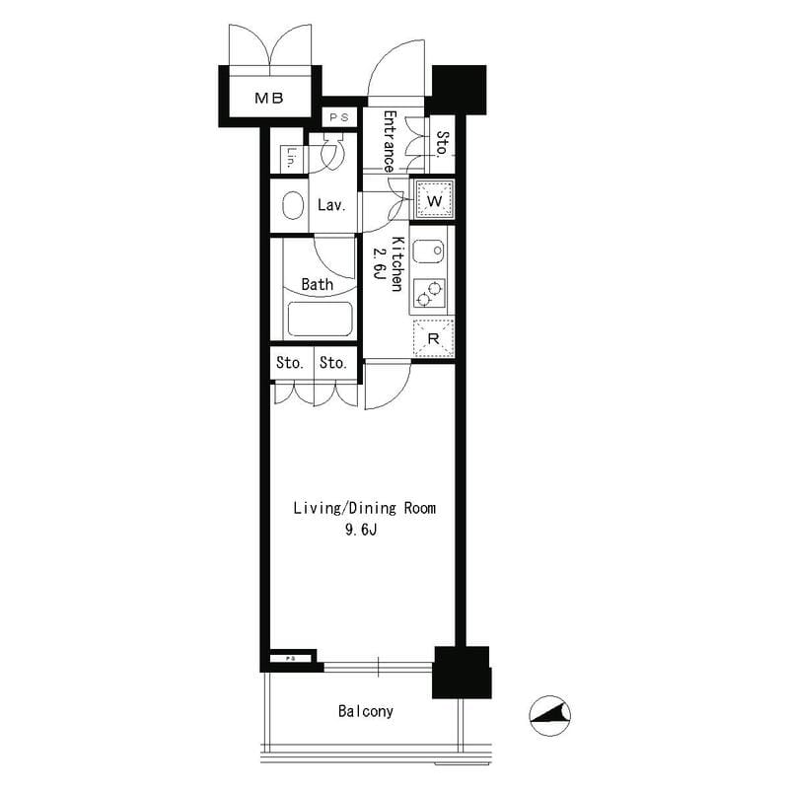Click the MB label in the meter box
click(269, 98)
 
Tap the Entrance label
click(390, 141)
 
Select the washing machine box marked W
click(434, 200)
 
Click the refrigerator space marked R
click(433, 338)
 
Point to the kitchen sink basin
click(428, 251)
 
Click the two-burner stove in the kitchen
click(429, 294)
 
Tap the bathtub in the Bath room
click(320, 319)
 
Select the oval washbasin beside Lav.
click(293, 206)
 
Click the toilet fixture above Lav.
click(331, 151)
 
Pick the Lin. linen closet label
click(291, 158)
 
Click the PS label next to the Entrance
click(339, 117)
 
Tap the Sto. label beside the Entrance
click(442, 144)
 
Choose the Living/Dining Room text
click(365, 508)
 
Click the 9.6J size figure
click(361, 530)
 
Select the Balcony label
click(366, 711)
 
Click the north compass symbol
click(549, 716)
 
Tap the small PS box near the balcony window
click(292, 658)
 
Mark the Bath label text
click(317, 284)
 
